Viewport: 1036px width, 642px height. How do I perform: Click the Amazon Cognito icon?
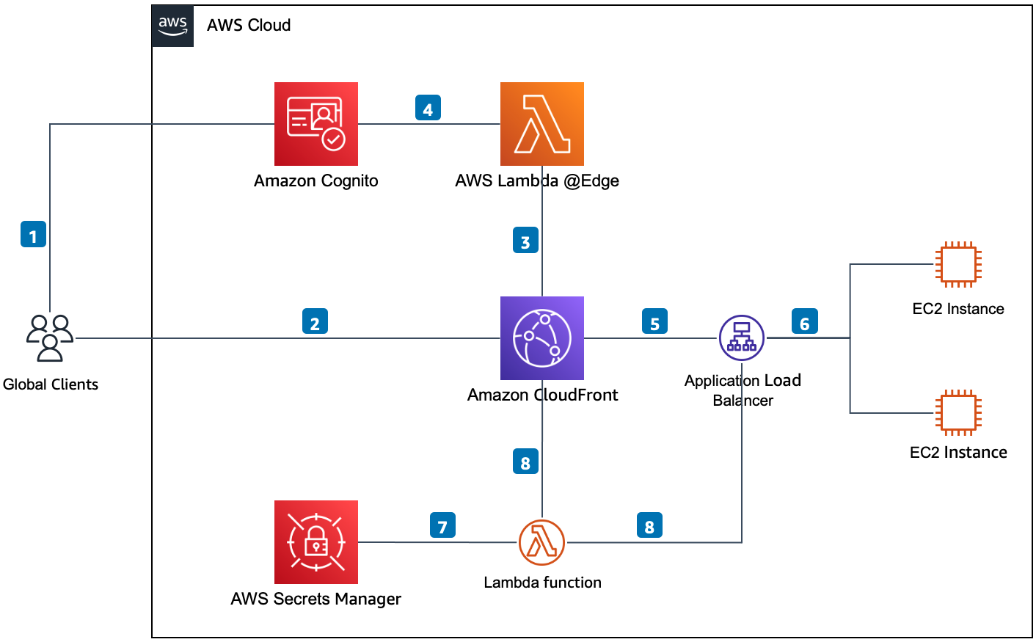(x=316, y=124)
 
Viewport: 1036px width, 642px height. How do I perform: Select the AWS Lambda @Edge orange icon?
(x=542, y=124)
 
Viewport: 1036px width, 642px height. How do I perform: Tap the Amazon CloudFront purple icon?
(x=542, y=338)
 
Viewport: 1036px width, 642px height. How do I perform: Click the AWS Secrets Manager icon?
(x=316, y=542)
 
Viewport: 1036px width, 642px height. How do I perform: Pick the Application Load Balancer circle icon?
(x=742, y=338)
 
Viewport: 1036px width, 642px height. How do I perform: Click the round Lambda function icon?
(x=541, y=542)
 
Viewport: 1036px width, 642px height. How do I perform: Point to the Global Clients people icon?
(x=50, y=338)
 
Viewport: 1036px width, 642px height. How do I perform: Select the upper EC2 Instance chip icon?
(x=958, y=264)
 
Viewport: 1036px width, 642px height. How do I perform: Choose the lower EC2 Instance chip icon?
(x=958, y=412)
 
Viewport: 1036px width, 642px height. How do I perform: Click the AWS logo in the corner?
(x=173, y=26)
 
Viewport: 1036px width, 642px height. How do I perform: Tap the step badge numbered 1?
(x=33, y=235)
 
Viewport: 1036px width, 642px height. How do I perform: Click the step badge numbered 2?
(x=315, y=322)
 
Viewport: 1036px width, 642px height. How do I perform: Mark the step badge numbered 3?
(x=525, y=241)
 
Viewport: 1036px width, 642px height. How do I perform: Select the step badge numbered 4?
(x=428, y=108)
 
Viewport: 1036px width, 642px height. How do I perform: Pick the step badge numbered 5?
(x=654, y=322)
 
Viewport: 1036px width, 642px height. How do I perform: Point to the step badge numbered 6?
(x=804, y=322)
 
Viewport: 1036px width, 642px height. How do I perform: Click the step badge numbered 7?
(x=442, y=525)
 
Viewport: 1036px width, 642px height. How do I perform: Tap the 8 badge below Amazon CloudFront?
(x=525, y=462)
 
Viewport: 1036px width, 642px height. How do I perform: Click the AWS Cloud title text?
(x=249, y=26)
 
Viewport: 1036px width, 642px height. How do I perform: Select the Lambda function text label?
(x=542, y=583)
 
